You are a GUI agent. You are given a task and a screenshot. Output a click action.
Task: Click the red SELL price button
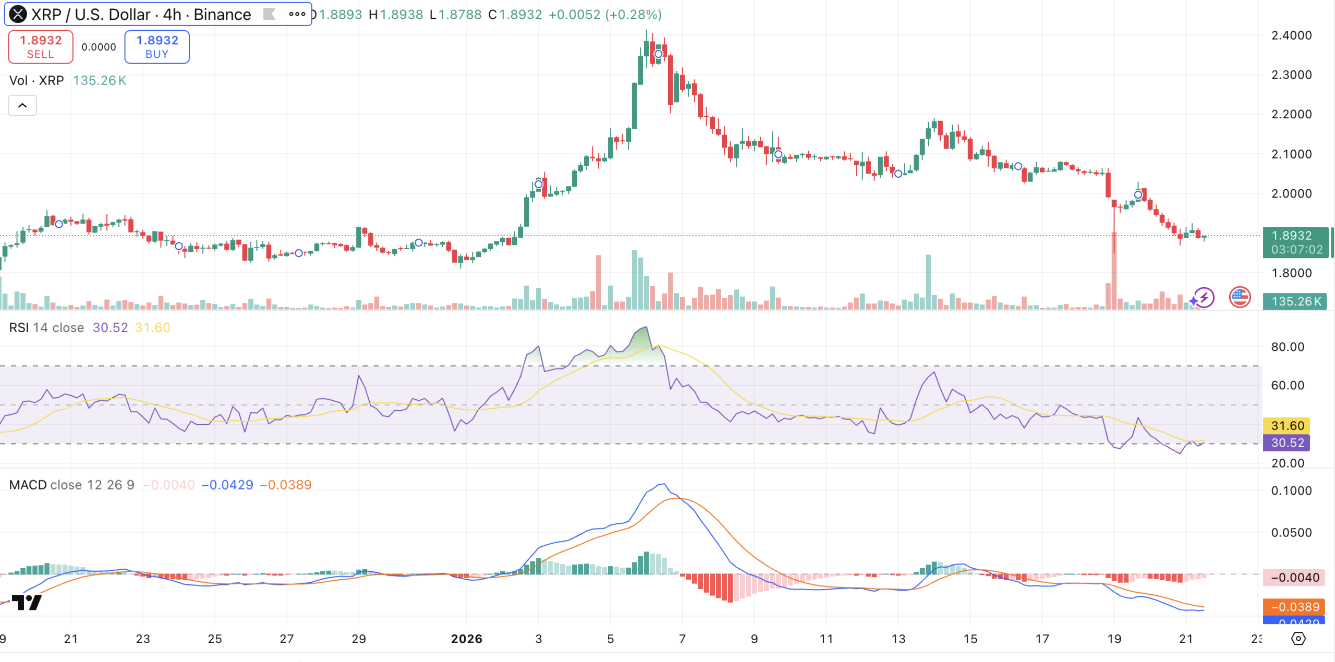[x=41, y=47]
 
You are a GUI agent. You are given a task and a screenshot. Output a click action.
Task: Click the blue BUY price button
[x=157, y=47]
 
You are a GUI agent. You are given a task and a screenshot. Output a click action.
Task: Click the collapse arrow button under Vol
[x=22, y=105]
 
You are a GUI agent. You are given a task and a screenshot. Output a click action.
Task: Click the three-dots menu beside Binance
[x=297, y=15]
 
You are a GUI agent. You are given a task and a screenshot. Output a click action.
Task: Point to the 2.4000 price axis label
[x=1291, y=35]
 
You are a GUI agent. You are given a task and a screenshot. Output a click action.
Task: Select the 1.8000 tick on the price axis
[x=1291, y=273]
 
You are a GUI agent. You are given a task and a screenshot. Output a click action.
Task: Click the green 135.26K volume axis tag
[x=1295, y=301]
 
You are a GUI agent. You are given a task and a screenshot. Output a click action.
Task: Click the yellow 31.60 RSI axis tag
[x=1287, y=425]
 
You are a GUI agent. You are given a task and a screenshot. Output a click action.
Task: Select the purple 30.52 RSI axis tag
[x=1287, y=443]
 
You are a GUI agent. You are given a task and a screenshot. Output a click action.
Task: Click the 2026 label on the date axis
[x=466, y=639]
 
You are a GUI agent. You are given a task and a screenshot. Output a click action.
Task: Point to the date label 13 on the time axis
[x=898, y=639]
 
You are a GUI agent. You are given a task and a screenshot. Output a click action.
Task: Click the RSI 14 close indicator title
[x=47, y=327]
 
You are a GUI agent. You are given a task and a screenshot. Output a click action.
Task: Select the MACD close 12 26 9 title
[x=71, y=485]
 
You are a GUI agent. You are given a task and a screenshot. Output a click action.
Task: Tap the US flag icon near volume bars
[x=1240, y=298]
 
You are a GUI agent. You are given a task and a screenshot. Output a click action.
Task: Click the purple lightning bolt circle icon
[x=1204, y=298]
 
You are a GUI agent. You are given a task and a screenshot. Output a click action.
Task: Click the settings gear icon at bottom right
[x=1298, y=639]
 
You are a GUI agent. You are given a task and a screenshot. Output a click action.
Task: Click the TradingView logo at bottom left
[x=27, y=603]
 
